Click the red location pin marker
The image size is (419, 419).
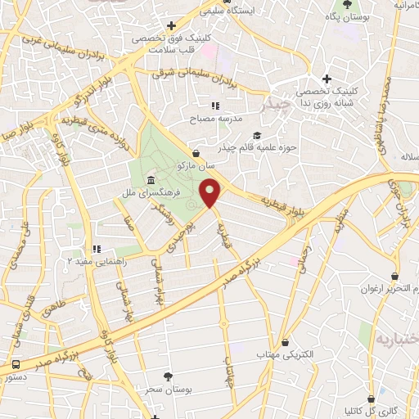pos(211,193)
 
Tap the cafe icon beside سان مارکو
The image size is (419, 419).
pos(196,152)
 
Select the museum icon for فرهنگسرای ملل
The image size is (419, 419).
pos(150,181)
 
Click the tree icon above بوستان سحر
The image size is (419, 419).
pos(169,376)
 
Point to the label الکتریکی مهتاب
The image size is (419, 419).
pos(285,355)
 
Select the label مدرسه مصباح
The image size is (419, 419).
pos(214,118)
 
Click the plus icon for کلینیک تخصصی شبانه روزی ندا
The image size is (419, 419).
pos(327,79)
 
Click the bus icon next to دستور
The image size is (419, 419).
pos(16,363)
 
